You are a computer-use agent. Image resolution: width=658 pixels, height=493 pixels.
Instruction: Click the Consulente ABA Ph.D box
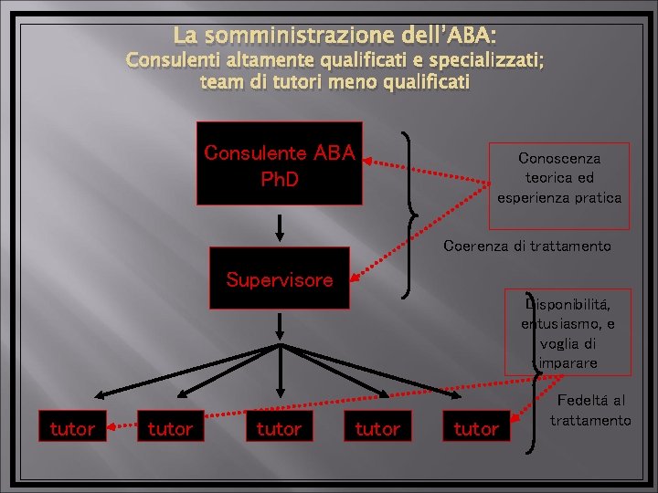pyautogui.click(x=279, y=163)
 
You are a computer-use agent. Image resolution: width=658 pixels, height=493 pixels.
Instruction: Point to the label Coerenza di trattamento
pyautogui.click(x=526, y=246)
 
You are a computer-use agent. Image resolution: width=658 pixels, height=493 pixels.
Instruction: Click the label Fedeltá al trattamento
pyautogui.click(x=590, y=410)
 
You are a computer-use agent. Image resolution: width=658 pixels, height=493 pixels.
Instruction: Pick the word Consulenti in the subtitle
pyautogui.click(x=170, y=61)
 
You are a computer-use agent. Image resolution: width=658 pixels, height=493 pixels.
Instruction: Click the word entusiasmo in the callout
pyautogui.click(x=557, y=323)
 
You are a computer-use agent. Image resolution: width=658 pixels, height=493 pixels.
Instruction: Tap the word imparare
pyautogui.click(x=568, y=362)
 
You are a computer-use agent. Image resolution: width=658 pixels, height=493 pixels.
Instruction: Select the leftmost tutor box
pyautogui.click(x=71, y=428)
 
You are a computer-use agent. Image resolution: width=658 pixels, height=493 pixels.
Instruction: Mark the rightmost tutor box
pyautogui.click(x=475, y=428)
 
